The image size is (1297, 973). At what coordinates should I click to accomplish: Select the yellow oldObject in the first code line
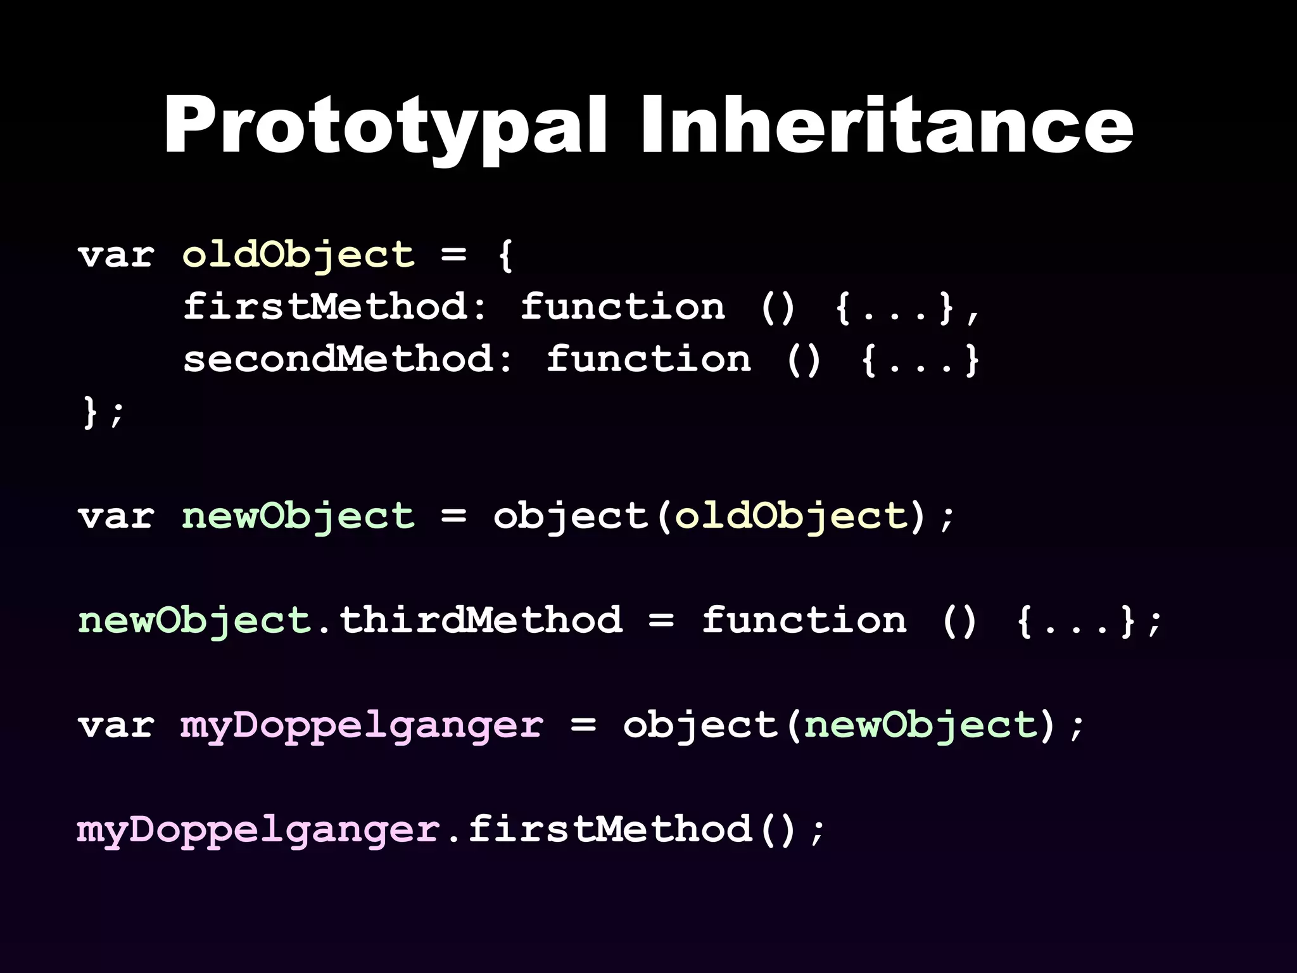[298, 255]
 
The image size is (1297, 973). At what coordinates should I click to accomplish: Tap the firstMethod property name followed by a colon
[334, 308]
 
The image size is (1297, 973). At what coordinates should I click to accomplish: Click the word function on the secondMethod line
[648, 360]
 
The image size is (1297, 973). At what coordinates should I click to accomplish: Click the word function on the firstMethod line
[623, 308]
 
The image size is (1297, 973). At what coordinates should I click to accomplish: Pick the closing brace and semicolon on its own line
[103, 412]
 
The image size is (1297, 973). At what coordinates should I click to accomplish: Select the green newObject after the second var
[298, 516]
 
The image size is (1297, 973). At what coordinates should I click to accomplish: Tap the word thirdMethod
[481, 620]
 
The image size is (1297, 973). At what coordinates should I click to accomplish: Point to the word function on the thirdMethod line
[804, 620]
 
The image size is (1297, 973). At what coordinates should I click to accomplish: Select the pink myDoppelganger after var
[362, 725]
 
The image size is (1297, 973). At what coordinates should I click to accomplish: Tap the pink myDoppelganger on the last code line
[258, 830]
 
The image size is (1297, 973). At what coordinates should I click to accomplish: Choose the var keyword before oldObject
[116, 255]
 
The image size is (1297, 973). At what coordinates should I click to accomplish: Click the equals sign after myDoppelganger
[583, 725]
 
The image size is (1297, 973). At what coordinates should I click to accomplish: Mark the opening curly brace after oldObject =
[505, 255]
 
